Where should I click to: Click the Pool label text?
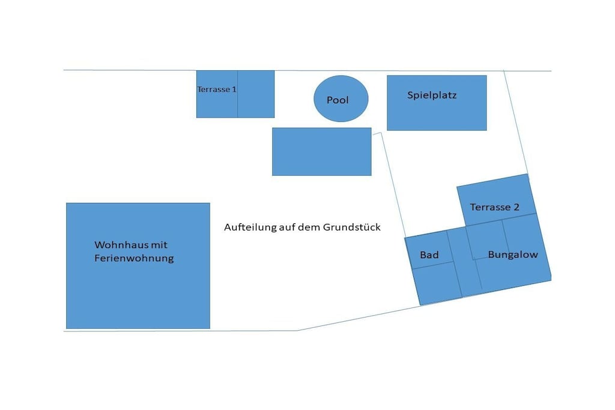(x=338, y=100)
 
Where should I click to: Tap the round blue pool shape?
(x=341, y=98)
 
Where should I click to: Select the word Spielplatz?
(x=432, y=95)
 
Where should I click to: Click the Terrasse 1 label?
(x=216, y=89)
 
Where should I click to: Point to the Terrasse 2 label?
(x=495, y=207)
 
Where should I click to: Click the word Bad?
(x=429, y=255)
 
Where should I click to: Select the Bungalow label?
(x=513, y=255)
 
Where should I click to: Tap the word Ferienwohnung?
(x=134, y=258)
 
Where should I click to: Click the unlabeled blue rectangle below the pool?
(x=322, y=152)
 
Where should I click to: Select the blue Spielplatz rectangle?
(x=437, y=103)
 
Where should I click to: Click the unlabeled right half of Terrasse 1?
(x=256, y=94)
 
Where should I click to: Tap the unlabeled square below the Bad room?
(x=437, y=283)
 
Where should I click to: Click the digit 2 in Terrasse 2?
(x=517, y=207)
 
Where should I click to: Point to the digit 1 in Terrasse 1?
(x=234, y=89)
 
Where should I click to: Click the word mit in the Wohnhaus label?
(x=160, y=245)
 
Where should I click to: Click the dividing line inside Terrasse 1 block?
(x=237, y=94)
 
